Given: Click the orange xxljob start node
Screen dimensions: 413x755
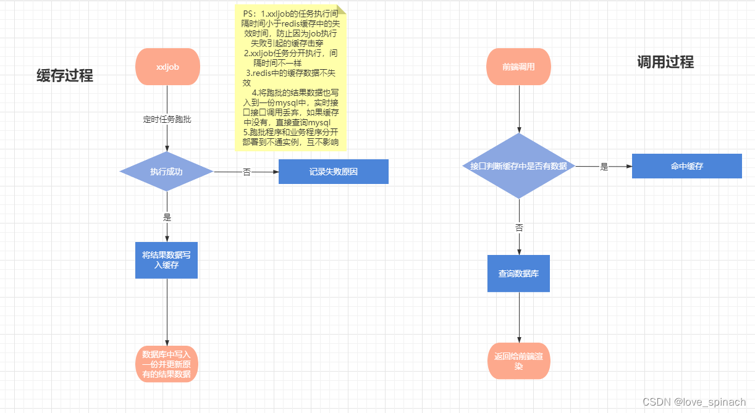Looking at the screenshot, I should (x=167, y=67).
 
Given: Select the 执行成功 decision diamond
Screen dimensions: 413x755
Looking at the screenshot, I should (x=167, y=172).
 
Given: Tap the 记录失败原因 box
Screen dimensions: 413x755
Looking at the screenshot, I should (x=334, y=172).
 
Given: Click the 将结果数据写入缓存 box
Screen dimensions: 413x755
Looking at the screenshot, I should (x=167, y=260).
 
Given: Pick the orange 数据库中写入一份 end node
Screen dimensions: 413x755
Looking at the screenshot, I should (x=167, y=364).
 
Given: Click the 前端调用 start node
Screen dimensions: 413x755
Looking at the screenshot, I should (x=519, y=67).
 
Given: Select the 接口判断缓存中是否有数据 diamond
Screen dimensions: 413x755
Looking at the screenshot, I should (x=519, y=166).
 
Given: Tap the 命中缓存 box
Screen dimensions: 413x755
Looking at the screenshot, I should (x=686, y=166).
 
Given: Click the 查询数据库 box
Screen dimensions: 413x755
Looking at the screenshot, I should (x=519, y=273).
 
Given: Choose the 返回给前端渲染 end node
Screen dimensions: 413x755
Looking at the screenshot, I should (x=519, y=361).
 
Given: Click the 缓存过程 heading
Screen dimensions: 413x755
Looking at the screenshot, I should (x=65, y=76).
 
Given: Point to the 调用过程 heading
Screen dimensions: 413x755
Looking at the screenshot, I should (x=665, y=62).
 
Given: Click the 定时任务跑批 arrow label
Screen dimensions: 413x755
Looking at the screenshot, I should (x=167, y=120).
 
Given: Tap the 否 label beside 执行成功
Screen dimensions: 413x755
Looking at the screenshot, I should (x=247, y=172).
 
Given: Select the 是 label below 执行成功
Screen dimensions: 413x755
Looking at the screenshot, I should (x=167, y=217).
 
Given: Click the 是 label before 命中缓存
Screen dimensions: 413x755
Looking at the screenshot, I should (x=604, y=167).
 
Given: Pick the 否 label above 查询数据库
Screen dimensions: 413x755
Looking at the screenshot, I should (x=519, y=227).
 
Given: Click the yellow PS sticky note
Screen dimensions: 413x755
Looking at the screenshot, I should (x=290, y=77).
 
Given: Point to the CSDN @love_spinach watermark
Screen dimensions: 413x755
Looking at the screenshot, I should (x=694, y=402).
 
